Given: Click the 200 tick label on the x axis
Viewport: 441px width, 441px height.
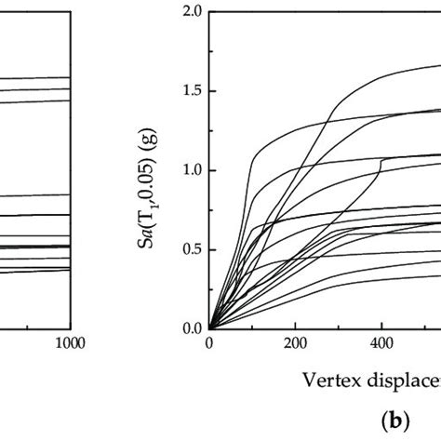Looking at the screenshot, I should coord(295,342).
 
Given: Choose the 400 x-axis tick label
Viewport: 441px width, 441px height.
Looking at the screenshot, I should coord(381,342).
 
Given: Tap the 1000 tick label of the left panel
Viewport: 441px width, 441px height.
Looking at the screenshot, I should coord(70,342).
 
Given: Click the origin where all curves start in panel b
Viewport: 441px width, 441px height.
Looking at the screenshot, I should coord(209,328).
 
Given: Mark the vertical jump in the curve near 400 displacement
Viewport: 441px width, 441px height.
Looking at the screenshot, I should coord(377,174).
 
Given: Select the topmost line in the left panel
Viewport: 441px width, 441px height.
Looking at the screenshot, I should coord(37,78).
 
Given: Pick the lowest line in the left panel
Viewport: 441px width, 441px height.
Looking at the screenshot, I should coord(37,271).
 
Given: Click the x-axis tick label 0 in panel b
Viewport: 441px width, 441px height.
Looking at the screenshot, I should coord(209,342).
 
